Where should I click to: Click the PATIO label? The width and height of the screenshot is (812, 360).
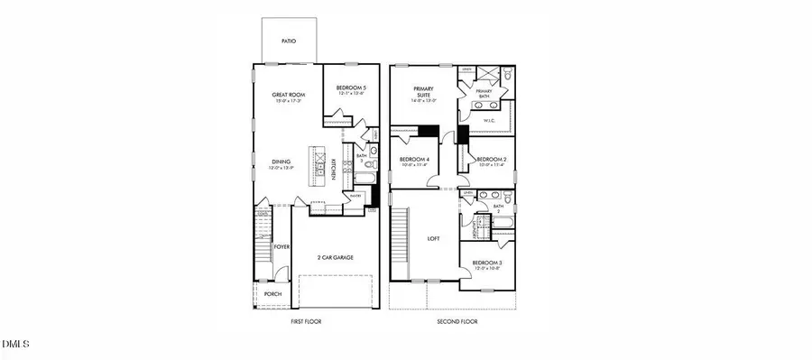click(x=289, y=41)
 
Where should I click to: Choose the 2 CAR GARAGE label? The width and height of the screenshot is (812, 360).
click(x=335, y=257)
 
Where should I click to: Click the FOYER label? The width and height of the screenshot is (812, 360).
click(x=281, y=245)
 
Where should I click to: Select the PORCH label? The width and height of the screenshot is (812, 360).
click(x=272, y=293)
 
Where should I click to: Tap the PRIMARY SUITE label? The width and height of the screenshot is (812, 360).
click(x=424, y=90)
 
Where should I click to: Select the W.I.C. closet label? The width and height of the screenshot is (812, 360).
click(x=491, y=119)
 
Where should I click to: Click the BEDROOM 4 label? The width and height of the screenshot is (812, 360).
click(x=414, y=159)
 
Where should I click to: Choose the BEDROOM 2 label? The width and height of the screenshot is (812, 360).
click(x=492, y=159)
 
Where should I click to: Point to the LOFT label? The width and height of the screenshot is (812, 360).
click(x=433, y=238)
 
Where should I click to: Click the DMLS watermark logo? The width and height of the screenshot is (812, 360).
click(x=16, y=345)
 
